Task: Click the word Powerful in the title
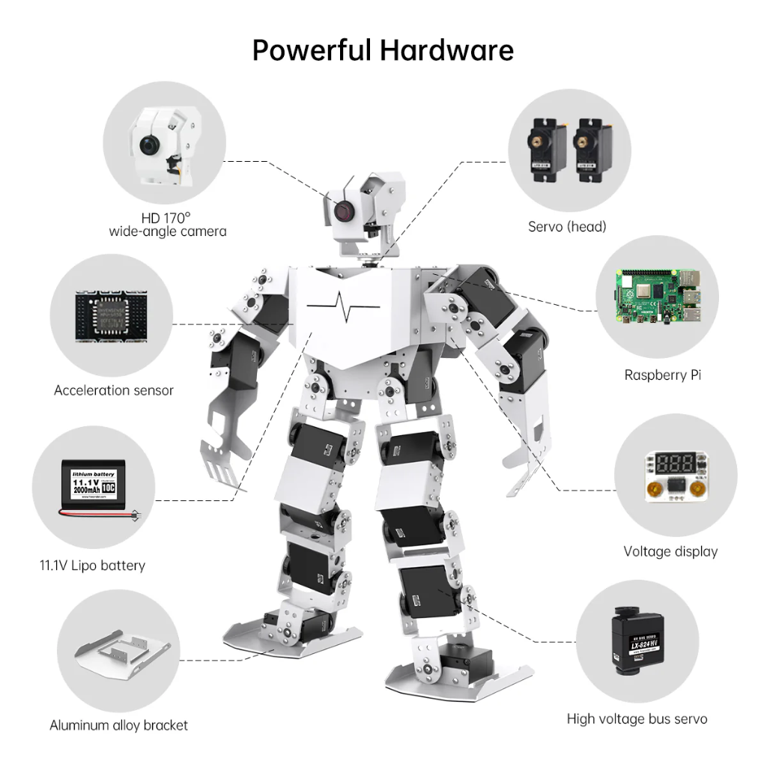point(311,50)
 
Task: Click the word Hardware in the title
point(446,50)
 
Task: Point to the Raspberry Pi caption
point(662,375)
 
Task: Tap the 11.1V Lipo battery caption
point(92,565)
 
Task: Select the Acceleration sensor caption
point(114,390)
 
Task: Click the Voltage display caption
point(670,551)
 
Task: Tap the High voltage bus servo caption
point(637,719)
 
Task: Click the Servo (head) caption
point(567,226)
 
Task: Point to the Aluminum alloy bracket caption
point(118,725)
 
